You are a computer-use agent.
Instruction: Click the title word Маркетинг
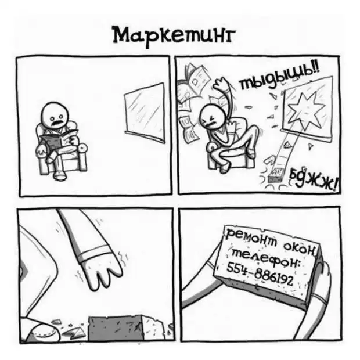click(174, 37)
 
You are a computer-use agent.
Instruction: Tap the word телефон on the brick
click(267, 258)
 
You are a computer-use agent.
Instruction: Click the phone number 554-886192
click(260, 273)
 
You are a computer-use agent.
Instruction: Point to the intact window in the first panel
click(145, 113)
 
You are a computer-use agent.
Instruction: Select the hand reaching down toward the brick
click(101, 271)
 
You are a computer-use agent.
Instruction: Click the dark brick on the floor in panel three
click(116, 328)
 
